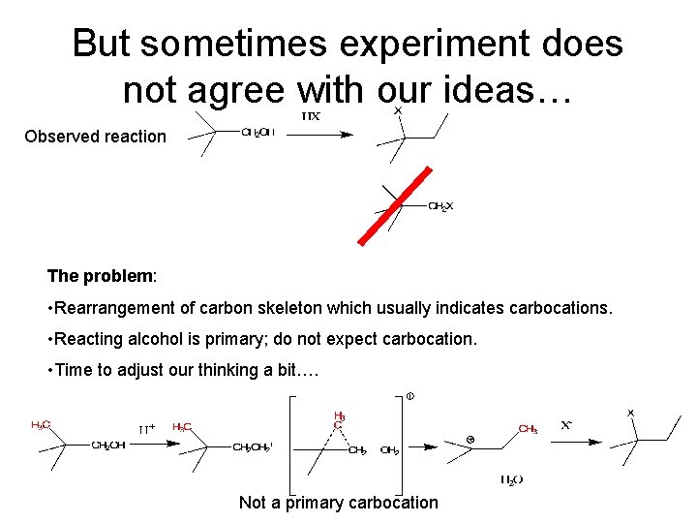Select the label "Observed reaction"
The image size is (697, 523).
tap(95, 137)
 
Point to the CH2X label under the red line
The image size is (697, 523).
tap(440, 205)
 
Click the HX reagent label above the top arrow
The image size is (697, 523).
tap(311, 116)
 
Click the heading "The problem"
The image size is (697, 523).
tap(100, 276)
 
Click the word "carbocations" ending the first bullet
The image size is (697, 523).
tap(566, 308)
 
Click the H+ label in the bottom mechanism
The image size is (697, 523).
tap(147, 427)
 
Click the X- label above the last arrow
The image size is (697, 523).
tap(571, 425)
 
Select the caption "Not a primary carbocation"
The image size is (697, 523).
tap(338, 502)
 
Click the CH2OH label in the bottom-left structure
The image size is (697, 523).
tap(108, 446)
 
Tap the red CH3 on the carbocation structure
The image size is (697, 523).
tap(528, 428)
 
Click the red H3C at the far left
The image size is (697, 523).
tap(42, 424)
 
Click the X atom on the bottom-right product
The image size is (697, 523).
tap(631, 413)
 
